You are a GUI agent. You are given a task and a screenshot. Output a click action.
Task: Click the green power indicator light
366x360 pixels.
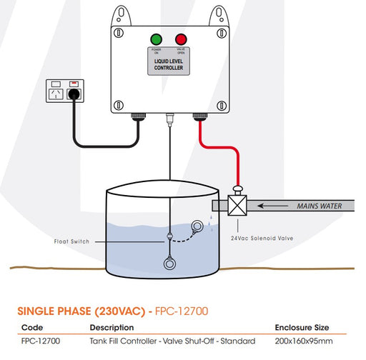[157, 39]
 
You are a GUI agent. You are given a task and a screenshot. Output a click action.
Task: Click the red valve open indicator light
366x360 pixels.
[181, 39]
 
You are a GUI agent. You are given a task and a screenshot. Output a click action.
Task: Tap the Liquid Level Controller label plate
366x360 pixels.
[169, 61]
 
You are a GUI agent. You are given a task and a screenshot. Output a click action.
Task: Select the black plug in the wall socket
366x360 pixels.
[74, 94]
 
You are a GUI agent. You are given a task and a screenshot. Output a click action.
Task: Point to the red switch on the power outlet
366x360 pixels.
[74, 84]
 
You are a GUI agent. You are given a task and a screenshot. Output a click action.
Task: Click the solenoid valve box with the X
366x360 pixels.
[237, 205]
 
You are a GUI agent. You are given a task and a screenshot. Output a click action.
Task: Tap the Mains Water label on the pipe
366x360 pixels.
[320, 206]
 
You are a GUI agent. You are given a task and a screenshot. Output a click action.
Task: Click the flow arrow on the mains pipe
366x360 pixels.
[273, 206]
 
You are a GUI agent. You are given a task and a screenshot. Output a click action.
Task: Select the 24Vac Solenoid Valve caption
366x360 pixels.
[262, 238]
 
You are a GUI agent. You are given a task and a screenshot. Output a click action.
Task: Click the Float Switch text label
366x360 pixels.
[71, 241]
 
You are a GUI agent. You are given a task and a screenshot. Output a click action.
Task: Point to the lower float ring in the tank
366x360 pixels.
[169, 264]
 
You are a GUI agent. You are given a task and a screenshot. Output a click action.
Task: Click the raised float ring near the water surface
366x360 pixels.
[197, 226]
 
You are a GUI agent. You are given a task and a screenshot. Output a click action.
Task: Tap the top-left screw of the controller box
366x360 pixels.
[119, 33]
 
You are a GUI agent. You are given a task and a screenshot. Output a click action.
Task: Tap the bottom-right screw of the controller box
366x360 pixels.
[222, 105]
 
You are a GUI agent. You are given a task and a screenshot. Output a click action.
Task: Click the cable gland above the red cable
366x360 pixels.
[200, 116]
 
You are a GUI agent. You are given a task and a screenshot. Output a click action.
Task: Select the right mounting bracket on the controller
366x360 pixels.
[219, 16]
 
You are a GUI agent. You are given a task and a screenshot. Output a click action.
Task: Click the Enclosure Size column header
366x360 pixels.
[302, 328]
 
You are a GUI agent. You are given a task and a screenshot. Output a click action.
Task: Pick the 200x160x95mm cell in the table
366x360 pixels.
[304, 341]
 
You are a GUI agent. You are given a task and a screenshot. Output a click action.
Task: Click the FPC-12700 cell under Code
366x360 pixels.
[41, 341]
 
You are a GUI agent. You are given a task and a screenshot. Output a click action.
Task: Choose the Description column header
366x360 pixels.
[112, 328]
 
